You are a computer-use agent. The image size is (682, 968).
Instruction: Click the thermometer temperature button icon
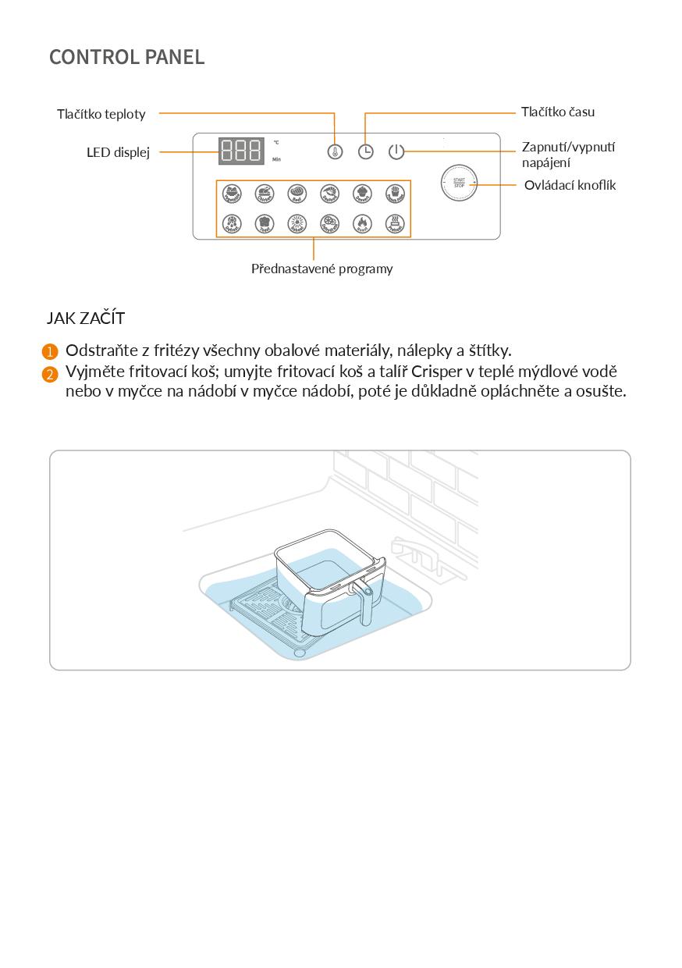coord(335,151)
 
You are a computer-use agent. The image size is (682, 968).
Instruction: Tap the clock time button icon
coord(365,151)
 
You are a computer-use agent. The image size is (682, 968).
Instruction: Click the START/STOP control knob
coord(459,183)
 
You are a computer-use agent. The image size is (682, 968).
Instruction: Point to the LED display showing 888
coord(240,151)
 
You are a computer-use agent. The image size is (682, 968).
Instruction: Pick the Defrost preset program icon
coord(232,225)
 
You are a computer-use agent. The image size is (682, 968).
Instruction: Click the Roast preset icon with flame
coord(363,225)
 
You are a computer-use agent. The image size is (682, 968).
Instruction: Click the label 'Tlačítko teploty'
coord(101,114)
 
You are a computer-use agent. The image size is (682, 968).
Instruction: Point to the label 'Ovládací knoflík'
coord(570,185)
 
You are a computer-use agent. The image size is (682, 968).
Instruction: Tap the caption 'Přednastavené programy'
coord(321,269)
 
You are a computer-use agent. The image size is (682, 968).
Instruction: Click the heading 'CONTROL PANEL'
coord(127,57)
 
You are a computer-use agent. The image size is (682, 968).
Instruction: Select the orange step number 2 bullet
coord(51,374)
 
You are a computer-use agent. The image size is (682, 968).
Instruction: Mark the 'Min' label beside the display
coord(276,159)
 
